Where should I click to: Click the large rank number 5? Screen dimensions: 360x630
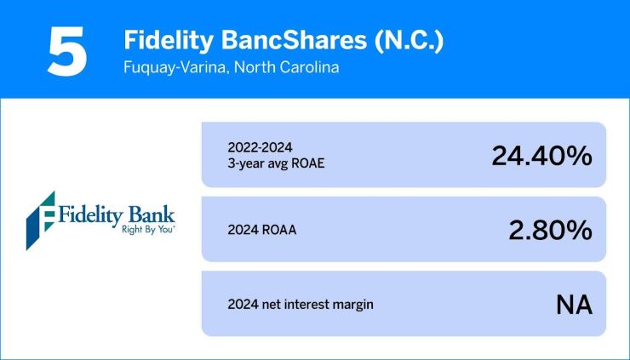67,53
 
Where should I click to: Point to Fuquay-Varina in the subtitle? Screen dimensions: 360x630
173,68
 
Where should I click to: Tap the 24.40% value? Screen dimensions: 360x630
541,156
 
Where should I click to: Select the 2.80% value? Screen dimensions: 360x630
550,230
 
